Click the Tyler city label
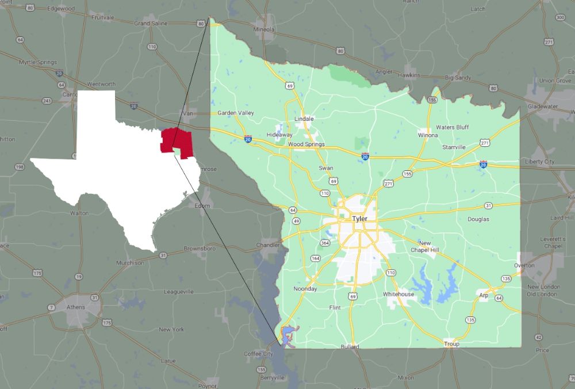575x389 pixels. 359,219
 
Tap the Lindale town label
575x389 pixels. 304,119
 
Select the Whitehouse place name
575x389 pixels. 398,294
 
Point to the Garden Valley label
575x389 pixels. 235,113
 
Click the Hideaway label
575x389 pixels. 279,135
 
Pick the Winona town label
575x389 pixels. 428,135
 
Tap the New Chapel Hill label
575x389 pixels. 425,246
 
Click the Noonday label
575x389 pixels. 305,289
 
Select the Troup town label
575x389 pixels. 451,344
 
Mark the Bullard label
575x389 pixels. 350,347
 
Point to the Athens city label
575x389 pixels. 75,307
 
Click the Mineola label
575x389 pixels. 264,29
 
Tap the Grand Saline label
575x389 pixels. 150,24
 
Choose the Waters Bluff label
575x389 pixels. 453,127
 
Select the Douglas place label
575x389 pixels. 478,219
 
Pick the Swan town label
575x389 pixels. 325,168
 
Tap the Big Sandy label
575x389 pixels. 458,77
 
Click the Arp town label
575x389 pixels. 484,295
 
